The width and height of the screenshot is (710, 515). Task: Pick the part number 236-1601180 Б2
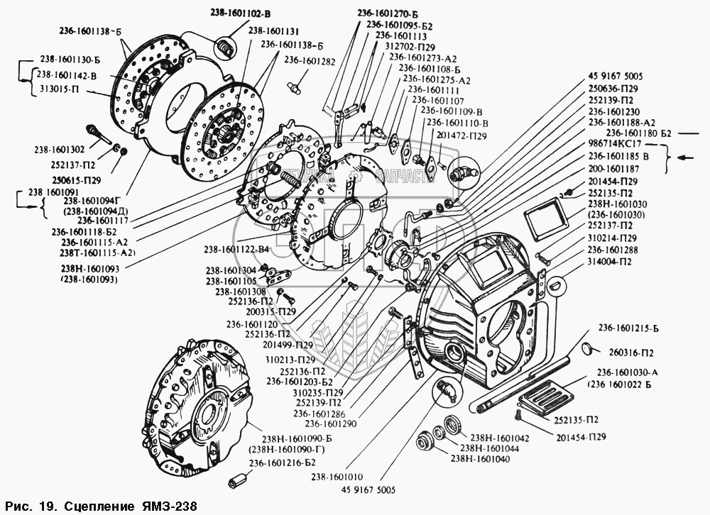click(638, 132)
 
